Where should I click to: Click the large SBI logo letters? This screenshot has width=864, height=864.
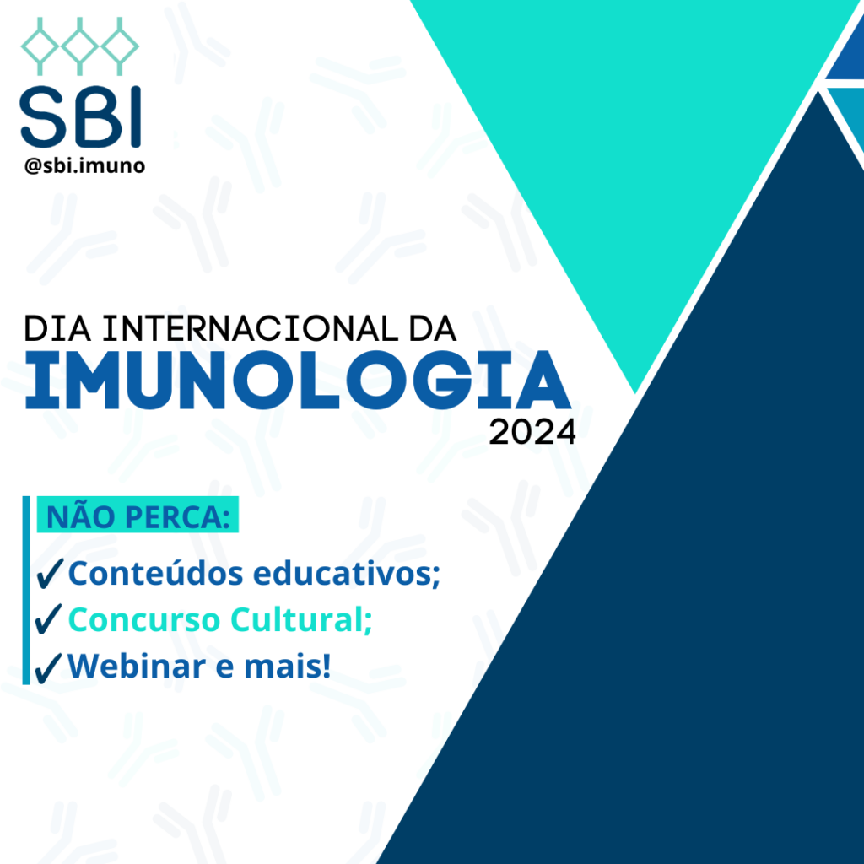[x=80, y=116]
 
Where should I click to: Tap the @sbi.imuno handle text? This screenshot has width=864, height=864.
[x=85, y=165]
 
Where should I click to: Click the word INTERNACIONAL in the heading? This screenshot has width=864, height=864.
[x=251, y=329]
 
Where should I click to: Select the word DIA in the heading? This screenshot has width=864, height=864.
[x=57, y=329]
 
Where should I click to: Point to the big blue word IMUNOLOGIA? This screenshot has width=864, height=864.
[x=298, y=380]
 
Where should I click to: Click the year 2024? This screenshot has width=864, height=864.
[x=532, y=432]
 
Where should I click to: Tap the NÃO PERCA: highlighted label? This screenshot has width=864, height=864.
[x=138, y=515]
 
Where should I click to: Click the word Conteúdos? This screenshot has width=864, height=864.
[x=155, y=573]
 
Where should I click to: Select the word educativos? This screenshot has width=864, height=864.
[x=347, y=573]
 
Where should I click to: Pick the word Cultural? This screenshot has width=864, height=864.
[x=301, y=618]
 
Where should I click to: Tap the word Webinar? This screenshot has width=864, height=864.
[x=137, y=666]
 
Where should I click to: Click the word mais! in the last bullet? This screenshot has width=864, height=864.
[x=287, y=666]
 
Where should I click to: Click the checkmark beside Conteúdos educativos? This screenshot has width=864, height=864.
[x=49, y=573]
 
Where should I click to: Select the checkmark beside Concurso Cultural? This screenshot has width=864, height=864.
[x=48, y=618]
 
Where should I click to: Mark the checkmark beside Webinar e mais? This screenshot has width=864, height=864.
[x=48, y=668]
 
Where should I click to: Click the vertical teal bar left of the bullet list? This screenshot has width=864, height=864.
[x=26, y=590]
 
